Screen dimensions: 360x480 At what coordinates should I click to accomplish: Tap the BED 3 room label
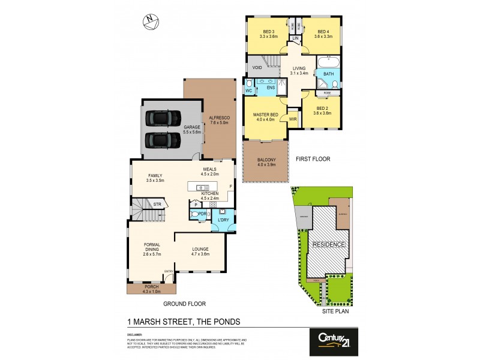coord(268,32)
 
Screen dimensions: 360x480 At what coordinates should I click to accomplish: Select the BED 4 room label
coord(323,32)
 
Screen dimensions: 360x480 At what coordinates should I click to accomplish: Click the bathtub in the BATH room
coord(328,62)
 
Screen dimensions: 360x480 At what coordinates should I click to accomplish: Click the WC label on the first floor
coord(248,91)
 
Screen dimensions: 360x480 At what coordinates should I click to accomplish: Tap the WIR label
coord(293,119)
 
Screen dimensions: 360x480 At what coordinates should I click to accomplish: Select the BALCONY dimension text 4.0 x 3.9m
coord(265,164)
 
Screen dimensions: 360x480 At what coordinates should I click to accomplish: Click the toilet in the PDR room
coord(194,214)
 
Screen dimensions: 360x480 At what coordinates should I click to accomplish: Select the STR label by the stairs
coord(157,205)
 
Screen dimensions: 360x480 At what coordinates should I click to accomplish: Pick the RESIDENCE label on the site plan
coord(328,245)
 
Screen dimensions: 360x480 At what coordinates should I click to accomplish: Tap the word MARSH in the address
coord(148,322)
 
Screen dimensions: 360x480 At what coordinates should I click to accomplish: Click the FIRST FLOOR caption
coord(313,159)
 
